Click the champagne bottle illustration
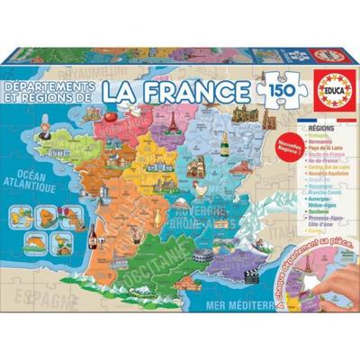pos(193,126)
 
